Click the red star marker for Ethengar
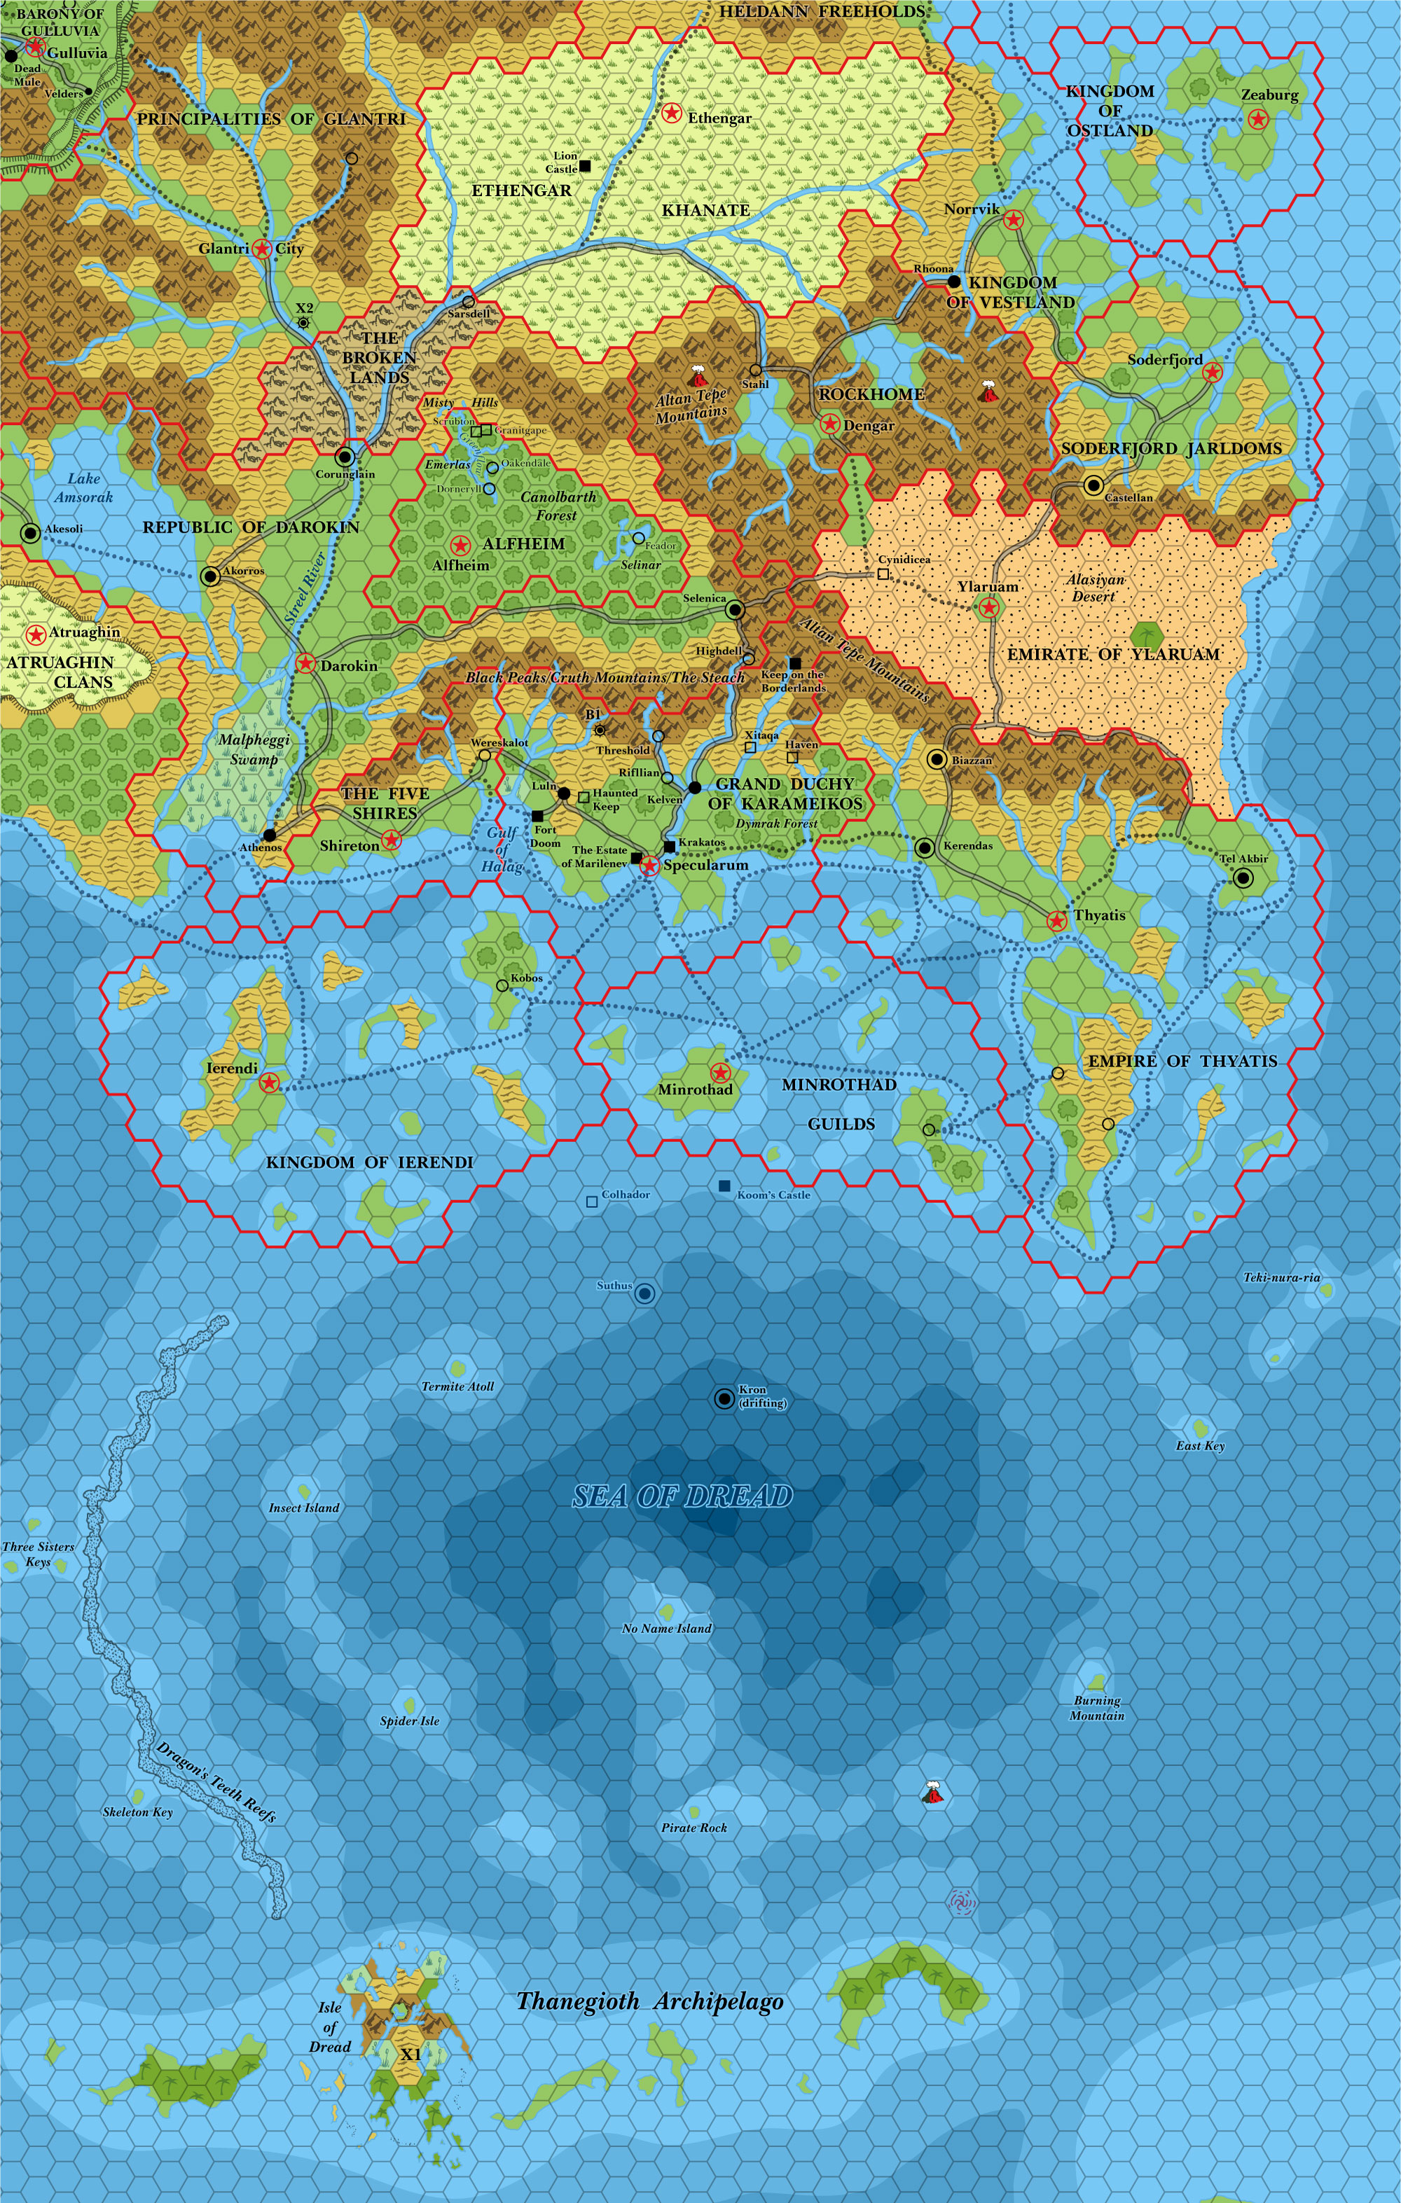point(672,113)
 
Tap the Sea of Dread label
point(682,1496)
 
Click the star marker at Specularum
point(649,866)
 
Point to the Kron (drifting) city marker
point(724,1398)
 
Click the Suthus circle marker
point(644,1293)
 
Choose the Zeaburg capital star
point(1258,119)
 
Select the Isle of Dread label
point(329,2027)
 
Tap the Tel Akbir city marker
point(1243,878)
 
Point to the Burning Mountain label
point(1097,1708)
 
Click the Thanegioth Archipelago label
point(649,2002)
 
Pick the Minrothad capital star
point(720,1073)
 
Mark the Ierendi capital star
point(269,1083)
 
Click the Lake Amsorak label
point(83,487)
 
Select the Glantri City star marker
point(263,248)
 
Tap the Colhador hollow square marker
point(592,1201)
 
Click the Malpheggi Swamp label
point(254,749)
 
